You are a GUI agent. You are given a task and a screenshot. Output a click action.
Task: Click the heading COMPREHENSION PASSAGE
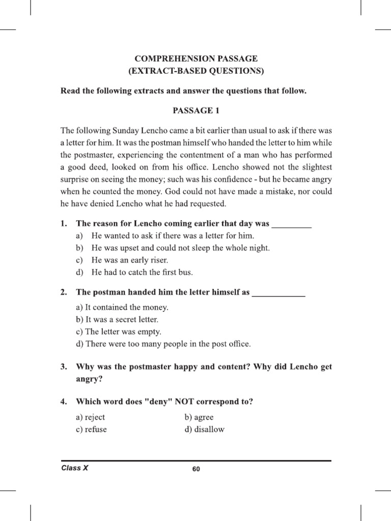point(196,59)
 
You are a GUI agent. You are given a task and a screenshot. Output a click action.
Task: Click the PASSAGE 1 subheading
point(196,110)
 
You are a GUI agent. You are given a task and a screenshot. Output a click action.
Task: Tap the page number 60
point(196,469)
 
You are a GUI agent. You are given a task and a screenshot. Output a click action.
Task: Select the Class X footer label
point(74,468)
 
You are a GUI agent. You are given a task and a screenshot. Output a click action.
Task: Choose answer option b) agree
point(199,417)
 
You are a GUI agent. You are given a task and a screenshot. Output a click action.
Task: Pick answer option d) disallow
point(204,429)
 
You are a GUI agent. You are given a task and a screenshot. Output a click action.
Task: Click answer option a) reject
point(90,417)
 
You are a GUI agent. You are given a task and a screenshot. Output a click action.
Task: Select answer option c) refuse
point(91,429)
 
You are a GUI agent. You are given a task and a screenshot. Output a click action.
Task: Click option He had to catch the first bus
point(142,272)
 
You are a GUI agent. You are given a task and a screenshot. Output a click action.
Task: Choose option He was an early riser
point(129,260)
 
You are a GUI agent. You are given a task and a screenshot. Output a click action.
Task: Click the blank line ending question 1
point(292,224)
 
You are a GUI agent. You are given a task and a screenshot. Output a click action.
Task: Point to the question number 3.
point(64,366)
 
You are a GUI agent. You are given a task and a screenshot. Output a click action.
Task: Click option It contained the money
point(122,307)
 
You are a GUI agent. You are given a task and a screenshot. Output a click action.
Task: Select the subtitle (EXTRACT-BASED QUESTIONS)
point(196,71)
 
